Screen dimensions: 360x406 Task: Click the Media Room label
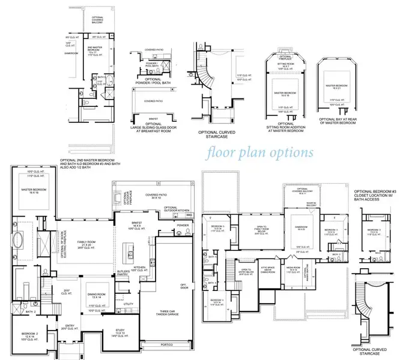click(x=292, y=271)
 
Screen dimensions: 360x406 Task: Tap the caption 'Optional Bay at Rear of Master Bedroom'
click(x=335, y=127)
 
